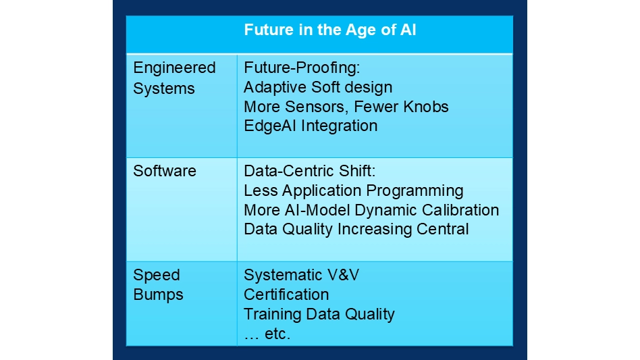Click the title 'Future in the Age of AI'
330,30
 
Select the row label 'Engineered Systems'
174,78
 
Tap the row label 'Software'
165,171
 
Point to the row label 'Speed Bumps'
159,284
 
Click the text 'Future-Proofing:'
302,68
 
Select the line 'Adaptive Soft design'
318,87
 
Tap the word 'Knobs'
426,107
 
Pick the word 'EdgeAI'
270,126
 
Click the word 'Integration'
339,126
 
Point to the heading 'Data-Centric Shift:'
309,171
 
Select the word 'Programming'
415,190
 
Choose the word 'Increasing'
375,230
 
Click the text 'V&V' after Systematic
342,275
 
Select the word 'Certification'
286,294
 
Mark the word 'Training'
272,314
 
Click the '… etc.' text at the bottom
267,334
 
